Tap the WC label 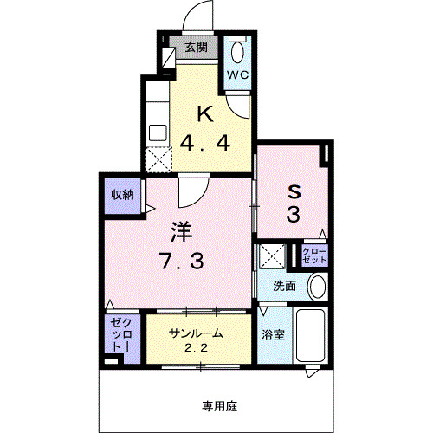click(x=238, y=74)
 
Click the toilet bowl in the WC click(x=237, y=48)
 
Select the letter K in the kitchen click(x=204, y=113)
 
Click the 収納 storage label click(x=121, y=195)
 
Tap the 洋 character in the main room click(x=179, y=232)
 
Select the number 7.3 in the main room click(x=179, y=260)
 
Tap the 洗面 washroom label click(x=285, y=285)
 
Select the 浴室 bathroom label click(x=273, y=335)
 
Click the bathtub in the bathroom click(x=309, y=337)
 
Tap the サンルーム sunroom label click(x=196, y=333)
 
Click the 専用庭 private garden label click(x=220, y=404)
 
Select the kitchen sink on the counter click(x=158, y=132)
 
